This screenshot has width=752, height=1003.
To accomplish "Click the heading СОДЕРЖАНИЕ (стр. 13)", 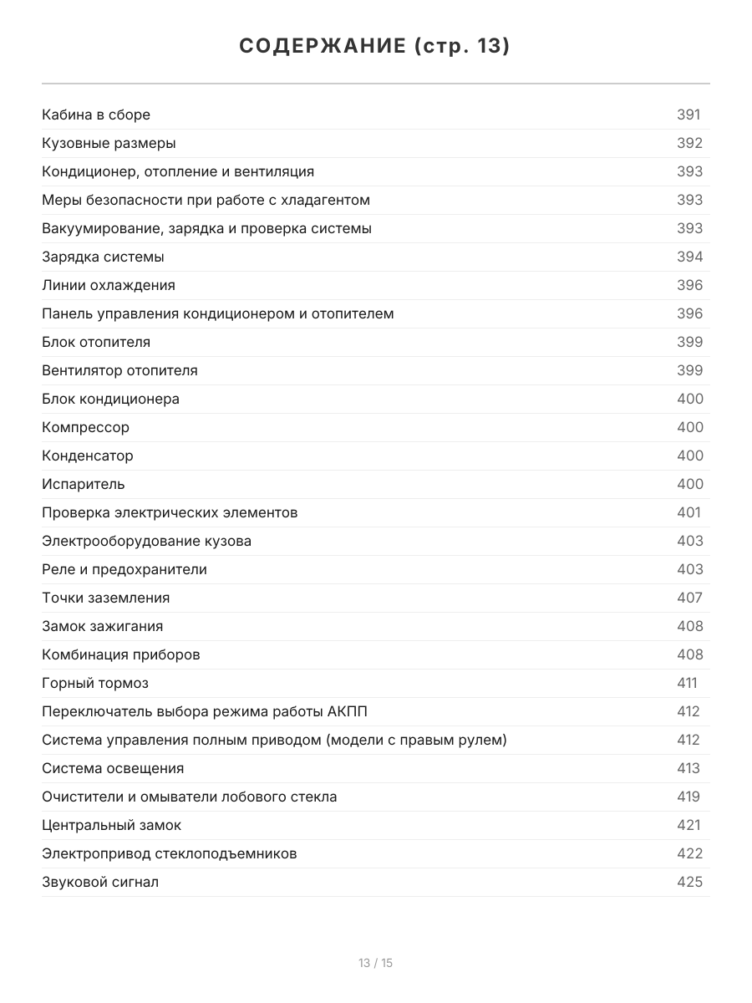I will pos(375,47).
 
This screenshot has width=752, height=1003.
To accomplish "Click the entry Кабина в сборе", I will pos(96,115).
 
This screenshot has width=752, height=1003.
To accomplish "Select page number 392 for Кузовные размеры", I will pos(689,143).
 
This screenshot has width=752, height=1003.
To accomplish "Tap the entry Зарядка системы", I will pos(103,257).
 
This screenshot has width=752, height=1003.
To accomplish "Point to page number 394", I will pos(689,257).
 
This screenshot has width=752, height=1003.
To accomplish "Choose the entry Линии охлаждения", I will pos(109,285).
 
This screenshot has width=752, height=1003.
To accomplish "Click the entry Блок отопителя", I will pos(96,342).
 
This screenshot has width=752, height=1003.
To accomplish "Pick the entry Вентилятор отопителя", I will pos(119,370).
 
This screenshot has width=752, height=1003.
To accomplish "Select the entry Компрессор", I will pos(85,427).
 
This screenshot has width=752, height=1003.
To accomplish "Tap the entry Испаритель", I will pos(83,484).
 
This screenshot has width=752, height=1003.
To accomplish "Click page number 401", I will pos(688,512).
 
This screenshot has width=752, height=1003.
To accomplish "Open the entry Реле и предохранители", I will pos(124,569).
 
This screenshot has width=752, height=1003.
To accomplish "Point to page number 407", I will pos(689,598).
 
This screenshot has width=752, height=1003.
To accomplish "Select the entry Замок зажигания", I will pos(102,626).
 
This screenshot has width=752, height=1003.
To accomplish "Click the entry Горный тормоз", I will pos(95,683).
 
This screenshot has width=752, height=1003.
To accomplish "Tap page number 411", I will pos(687,683).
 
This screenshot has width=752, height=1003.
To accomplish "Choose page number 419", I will pos(688,797).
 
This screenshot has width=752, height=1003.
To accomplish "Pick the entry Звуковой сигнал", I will pos(100,882).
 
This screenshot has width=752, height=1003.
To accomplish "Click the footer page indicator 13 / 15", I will pos(375,963).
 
